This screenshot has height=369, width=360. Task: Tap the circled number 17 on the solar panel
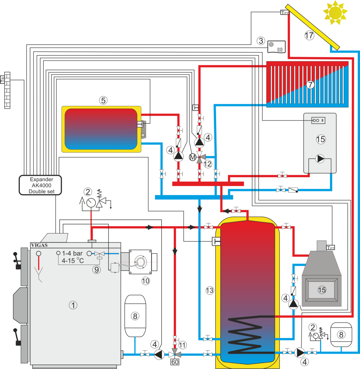point(309,35)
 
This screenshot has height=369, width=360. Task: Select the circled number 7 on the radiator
point(310,85)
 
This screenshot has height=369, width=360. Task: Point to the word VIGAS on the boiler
point(39,245)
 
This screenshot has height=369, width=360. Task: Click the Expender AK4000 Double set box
point(41,185)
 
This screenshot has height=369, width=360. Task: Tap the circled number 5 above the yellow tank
point(103,101)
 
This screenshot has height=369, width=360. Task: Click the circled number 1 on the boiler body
point(73,305)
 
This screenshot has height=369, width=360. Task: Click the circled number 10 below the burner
point(145,281)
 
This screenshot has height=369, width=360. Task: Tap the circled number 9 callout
point(96,269)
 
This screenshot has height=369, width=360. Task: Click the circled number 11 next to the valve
point(183,345)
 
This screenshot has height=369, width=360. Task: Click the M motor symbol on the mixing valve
point(192,157)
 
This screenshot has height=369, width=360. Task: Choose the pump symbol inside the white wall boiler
point(320,159)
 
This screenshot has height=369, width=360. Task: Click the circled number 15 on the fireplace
point(322,289)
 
